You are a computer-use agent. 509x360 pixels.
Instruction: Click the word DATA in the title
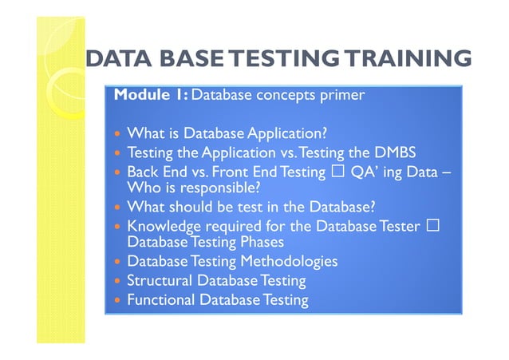pos(117,59)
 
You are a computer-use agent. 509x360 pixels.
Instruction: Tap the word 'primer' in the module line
pos(344,95)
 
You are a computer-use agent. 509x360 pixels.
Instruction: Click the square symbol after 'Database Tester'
pos(433,226)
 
